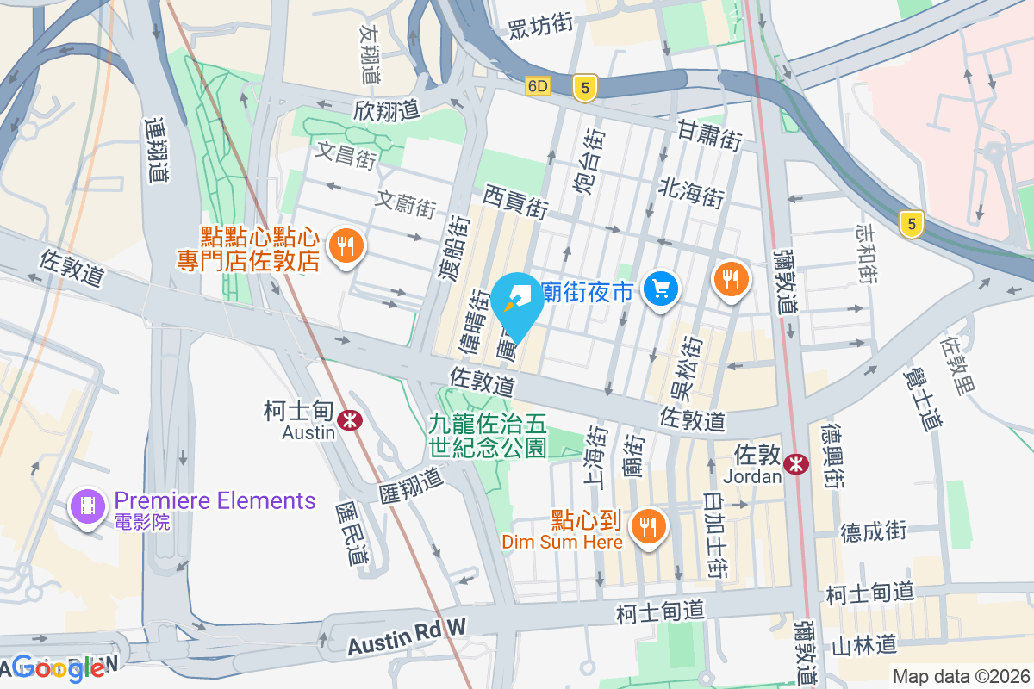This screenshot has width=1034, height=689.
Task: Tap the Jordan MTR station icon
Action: click(795, 463)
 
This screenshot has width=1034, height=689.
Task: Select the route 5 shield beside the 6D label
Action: click(584, 87)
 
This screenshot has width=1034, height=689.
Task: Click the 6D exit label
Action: click(539, 86)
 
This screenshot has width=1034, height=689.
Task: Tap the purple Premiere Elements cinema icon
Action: click(88, 505)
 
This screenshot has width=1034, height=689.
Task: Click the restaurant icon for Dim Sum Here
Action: click(647, 525)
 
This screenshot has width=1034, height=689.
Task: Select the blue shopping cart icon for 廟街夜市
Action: click(662, 289)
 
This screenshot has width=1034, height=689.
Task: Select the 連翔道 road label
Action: click(155, 149)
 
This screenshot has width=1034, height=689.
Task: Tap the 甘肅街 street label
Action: click(709, 135)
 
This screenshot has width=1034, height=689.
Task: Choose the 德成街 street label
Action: click(874, 531)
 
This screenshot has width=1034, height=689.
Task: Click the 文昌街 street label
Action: click(345, 155)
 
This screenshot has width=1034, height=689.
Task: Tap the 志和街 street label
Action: click(866, 253)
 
